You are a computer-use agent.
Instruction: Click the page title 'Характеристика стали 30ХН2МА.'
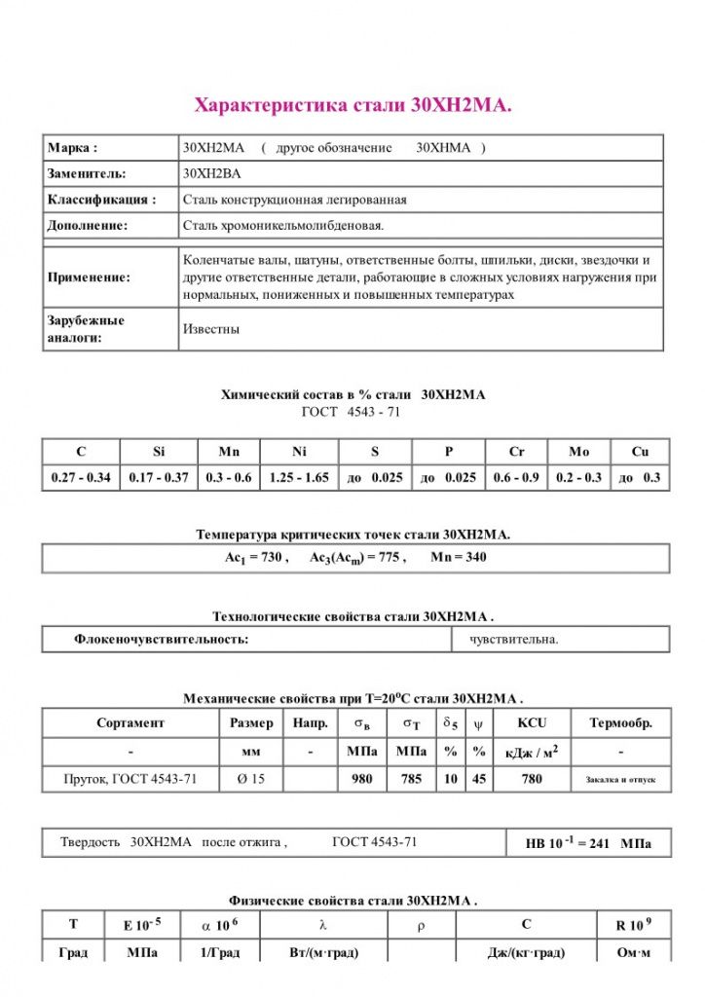(353, 105)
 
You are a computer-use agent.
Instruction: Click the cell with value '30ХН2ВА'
(212, 173)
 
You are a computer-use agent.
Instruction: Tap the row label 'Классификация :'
(101, 200)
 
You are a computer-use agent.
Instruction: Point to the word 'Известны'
(211, 329)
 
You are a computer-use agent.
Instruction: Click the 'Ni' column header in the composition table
(298, 452)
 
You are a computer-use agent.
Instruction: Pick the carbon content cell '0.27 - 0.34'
(81, 478)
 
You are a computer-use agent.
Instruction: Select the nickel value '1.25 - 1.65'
(298, 478)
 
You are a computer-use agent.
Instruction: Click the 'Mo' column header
(578, 452)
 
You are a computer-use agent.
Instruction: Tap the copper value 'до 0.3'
(639, 478)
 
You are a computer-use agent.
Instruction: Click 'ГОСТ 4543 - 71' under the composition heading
(352, 412)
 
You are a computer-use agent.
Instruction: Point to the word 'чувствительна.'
(514, 640)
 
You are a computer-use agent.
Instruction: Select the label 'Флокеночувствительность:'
(162, 640)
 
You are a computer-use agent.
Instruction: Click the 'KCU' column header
(532, 723)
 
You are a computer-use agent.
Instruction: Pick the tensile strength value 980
(362, 779)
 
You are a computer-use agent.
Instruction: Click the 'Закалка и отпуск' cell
(620, 780)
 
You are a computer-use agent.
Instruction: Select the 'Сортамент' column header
(130, 723)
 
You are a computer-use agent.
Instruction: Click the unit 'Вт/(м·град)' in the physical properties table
(324, 952)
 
